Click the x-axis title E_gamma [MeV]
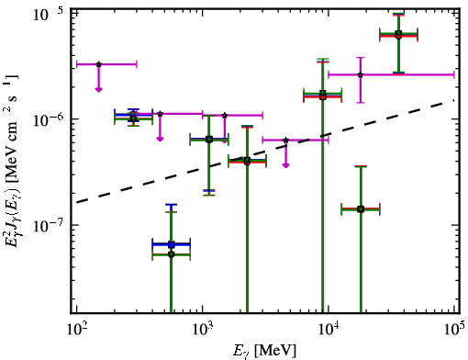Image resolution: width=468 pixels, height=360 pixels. (x=265, y=351)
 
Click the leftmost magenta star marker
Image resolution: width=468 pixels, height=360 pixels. (x=98, y=64)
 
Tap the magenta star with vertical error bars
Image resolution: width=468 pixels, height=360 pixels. (x=361, y=74)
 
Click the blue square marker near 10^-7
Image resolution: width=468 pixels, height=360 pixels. (x=172, y=244)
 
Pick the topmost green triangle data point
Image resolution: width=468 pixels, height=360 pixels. (x=398, y=33)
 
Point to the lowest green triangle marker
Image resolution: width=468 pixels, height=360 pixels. (x=172, y=254)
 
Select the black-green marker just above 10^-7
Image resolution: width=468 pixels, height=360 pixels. (x=361, y=209)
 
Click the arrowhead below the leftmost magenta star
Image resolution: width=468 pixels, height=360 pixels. (x=98, y=89)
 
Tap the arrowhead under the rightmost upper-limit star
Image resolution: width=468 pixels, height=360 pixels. (x=285, y=165)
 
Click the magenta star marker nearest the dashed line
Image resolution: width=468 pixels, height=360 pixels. (x=285, y=141)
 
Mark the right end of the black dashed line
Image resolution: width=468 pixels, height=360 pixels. (x=454, y=99)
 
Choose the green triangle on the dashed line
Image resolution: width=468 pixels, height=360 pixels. (x=247, y=160)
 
